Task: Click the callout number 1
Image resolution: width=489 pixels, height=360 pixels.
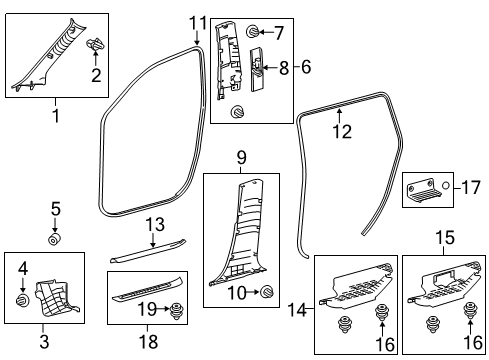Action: (x=56, y=117)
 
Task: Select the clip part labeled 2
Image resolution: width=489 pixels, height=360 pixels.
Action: (x=97, y=45)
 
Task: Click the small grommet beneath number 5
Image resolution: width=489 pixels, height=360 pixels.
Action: (x=57, y=239)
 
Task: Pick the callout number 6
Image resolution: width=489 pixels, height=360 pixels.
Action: (x=306, y=67)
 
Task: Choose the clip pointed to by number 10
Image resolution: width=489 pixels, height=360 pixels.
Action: (x=267, y=292)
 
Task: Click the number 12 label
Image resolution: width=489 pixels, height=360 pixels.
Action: (x=341, y=129)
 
